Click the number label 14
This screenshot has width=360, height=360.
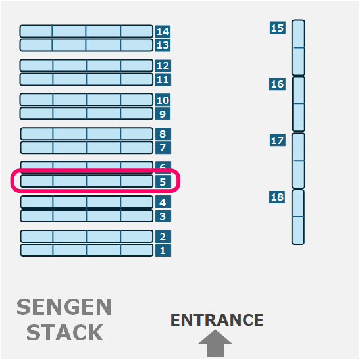pos(163,31)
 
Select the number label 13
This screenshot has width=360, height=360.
pos(163,45)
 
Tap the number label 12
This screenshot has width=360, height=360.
pos(163,66)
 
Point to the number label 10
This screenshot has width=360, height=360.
pos(163,100)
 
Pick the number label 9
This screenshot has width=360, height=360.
pos(163,114)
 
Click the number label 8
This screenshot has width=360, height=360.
pos(163,134)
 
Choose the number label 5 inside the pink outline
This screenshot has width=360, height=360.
pos(163,182)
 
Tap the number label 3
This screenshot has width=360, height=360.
pos(163,216)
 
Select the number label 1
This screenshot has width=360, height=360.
pos(163,250)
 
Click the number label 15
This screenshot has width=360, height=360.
pos(278,28)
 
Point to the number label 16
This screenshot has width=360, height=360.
pos(277,84)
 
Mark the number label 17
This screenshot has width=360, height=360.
pos(278,140)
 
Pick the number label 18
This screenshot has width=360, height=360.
pos(277,197)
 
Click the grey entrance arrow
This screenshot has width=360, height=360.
pos(215,344)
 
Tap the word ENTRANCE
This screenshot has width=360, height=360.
pos(217,320)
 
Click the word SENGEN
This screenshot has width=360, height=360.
pos(64,307)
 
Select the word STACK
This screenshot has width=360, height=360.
pos(64,332)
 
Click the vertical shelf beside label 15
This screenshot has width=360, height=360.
pos(298,47)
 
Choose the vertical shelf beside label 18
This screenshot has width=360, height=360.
pos(298,217)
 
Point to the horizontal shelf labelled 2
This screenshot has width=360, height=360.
pos(87,236)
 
